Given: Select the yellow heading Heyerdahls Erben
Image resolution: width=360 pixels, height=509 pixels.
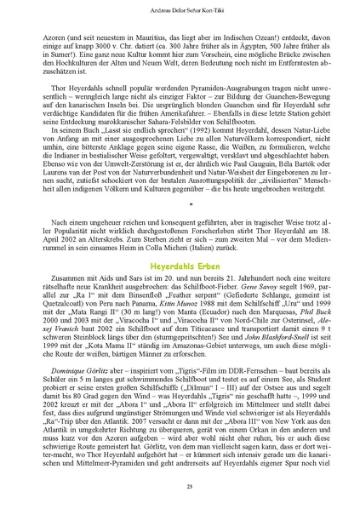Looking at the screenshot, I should coord(180,267).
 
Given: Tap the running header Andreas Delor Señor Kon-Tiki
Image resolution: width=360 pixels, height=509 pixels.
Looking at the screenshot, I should coord(180,9).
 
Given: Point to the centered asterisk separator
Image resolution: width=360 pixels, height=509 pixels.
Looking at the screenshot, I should coord(180,204).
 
